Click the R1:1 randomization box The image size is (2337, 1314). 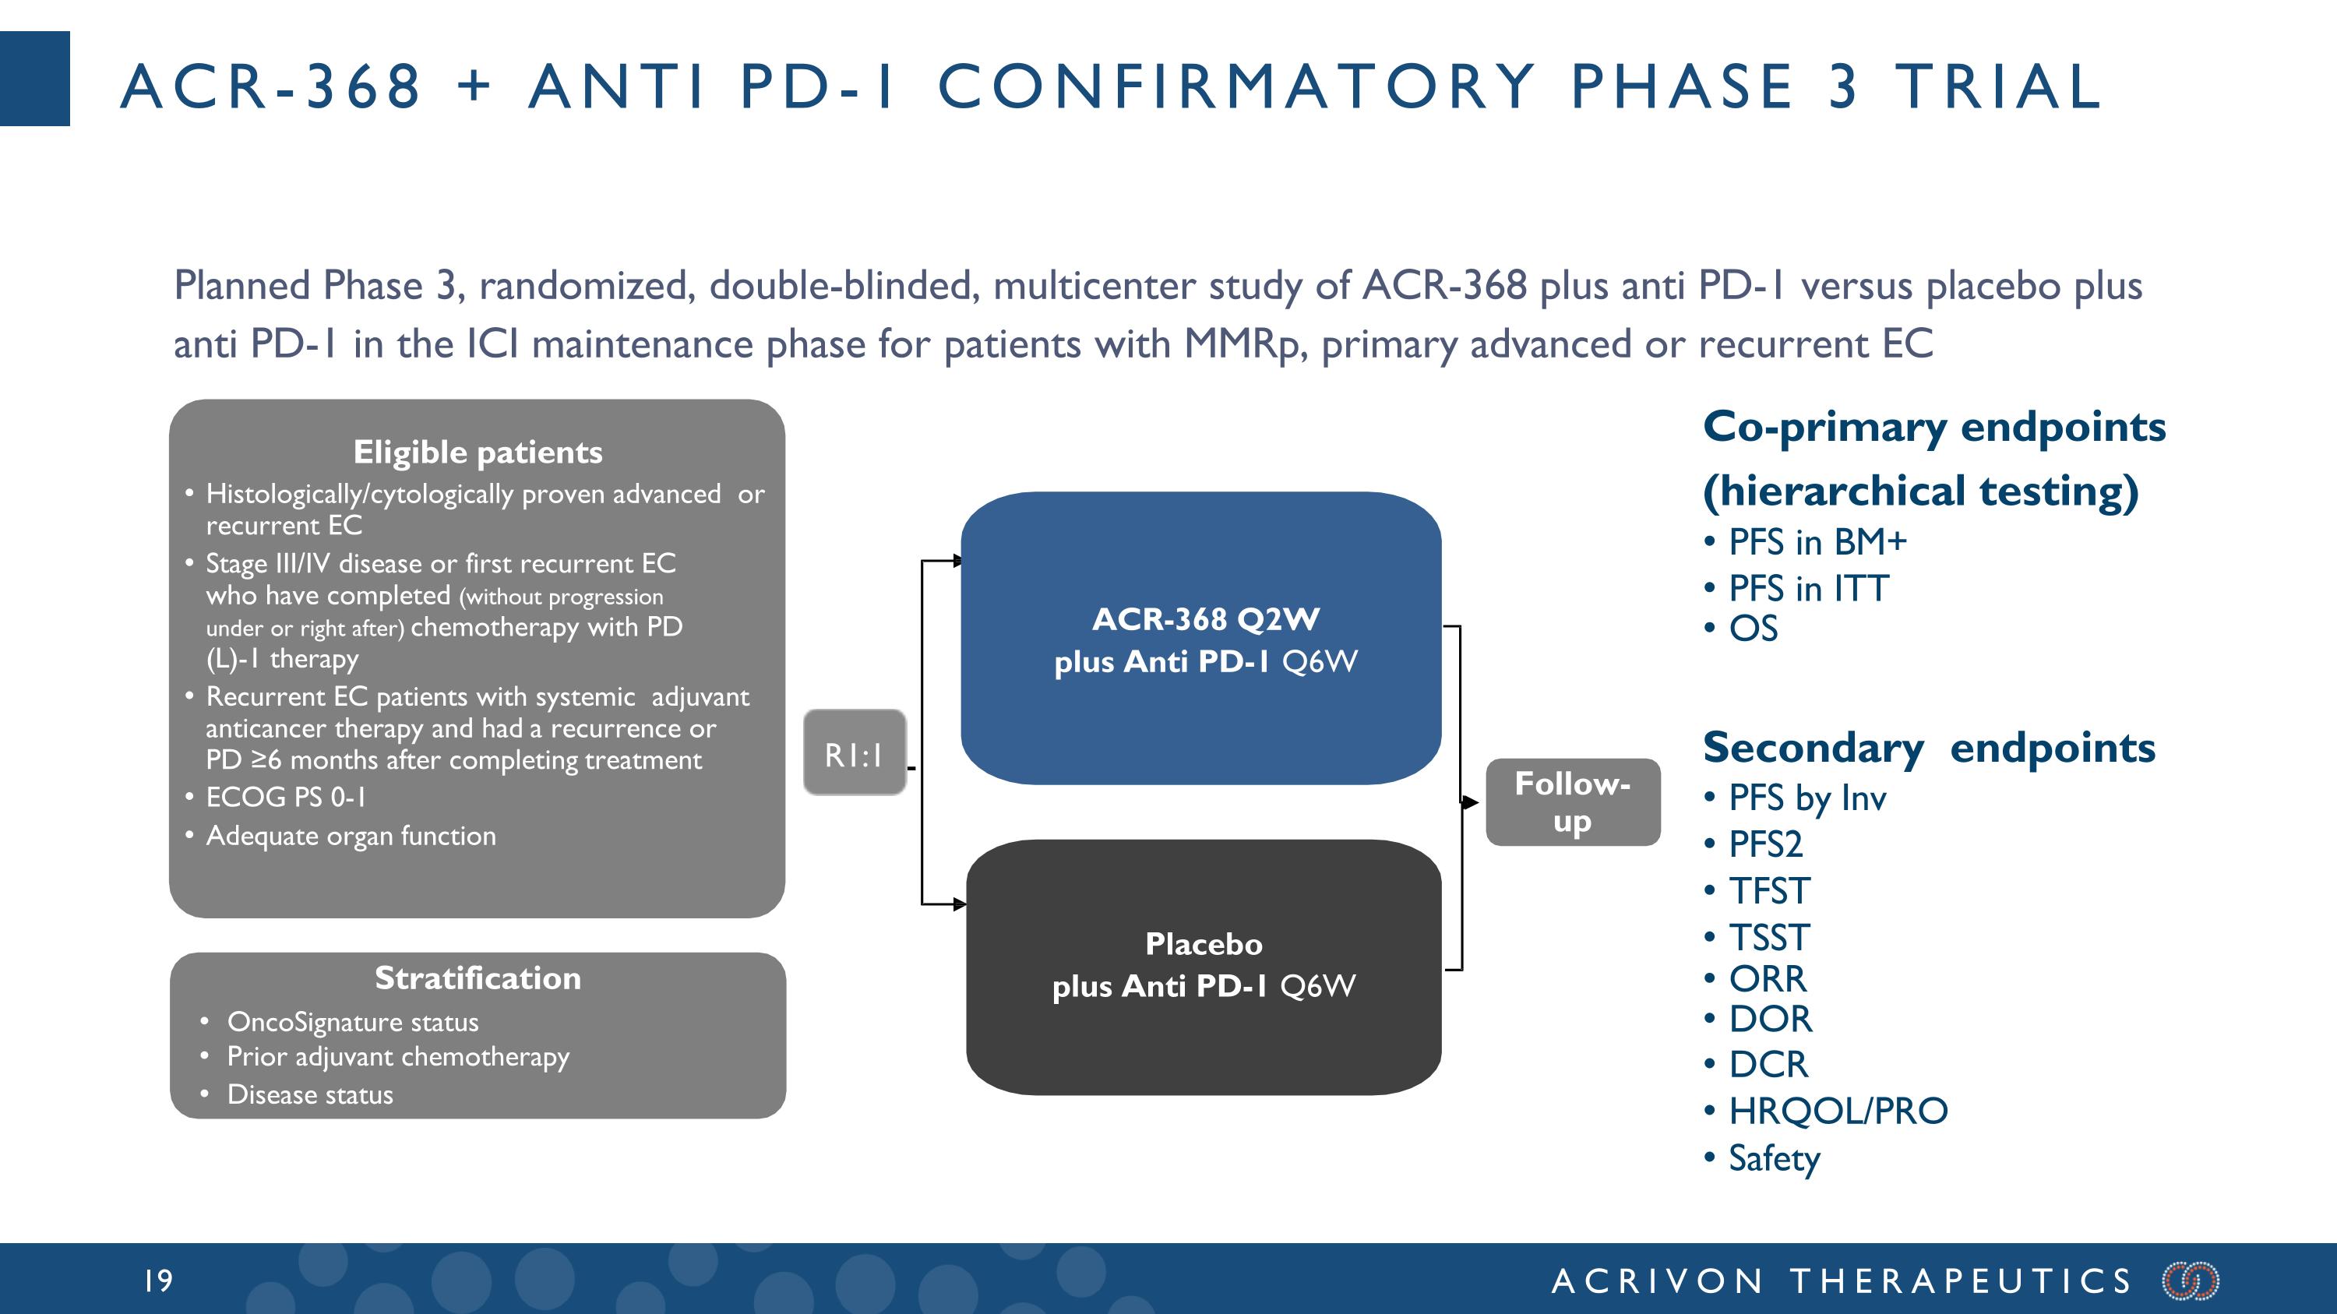(x=854, y=752)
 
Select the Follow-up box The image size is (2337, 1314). (x=1572, y=802)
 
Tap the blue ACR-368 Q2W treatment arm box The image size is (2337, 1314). (x=1201, y=639)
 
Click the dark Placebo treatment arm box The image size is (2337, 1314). (x=1203, y=967)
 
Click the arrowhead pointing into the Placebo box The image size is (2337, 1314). (x=959, y=904)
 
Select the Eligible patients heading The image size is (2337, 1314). (x=478, y=452)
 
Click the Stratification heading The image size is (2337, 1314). (x=478, y=978)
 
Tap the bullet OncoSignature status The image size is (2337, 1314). (x=352, y=1022)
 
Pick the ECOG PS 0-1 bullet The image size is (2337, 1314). (x=286, y=797)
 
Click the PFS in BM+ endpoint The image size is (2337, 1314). (x=1817, y=542)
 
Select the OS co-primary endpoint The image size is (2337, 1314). (x=1753, y=629)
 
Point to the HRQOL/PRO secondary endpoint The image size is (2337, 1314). (x=1837, y=1110)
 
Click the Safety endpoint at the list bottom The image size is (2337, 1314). (x=1774, y=1158)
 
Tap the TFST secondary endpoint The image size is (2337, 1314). (x=1769, y=890)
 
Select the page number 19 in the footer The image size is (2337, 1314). (x=159, y=1281)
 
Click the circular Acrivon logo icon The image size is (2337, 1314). (x=2190, y=1281)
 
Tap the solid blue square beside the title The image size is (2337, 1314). (x=34, y=78)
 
